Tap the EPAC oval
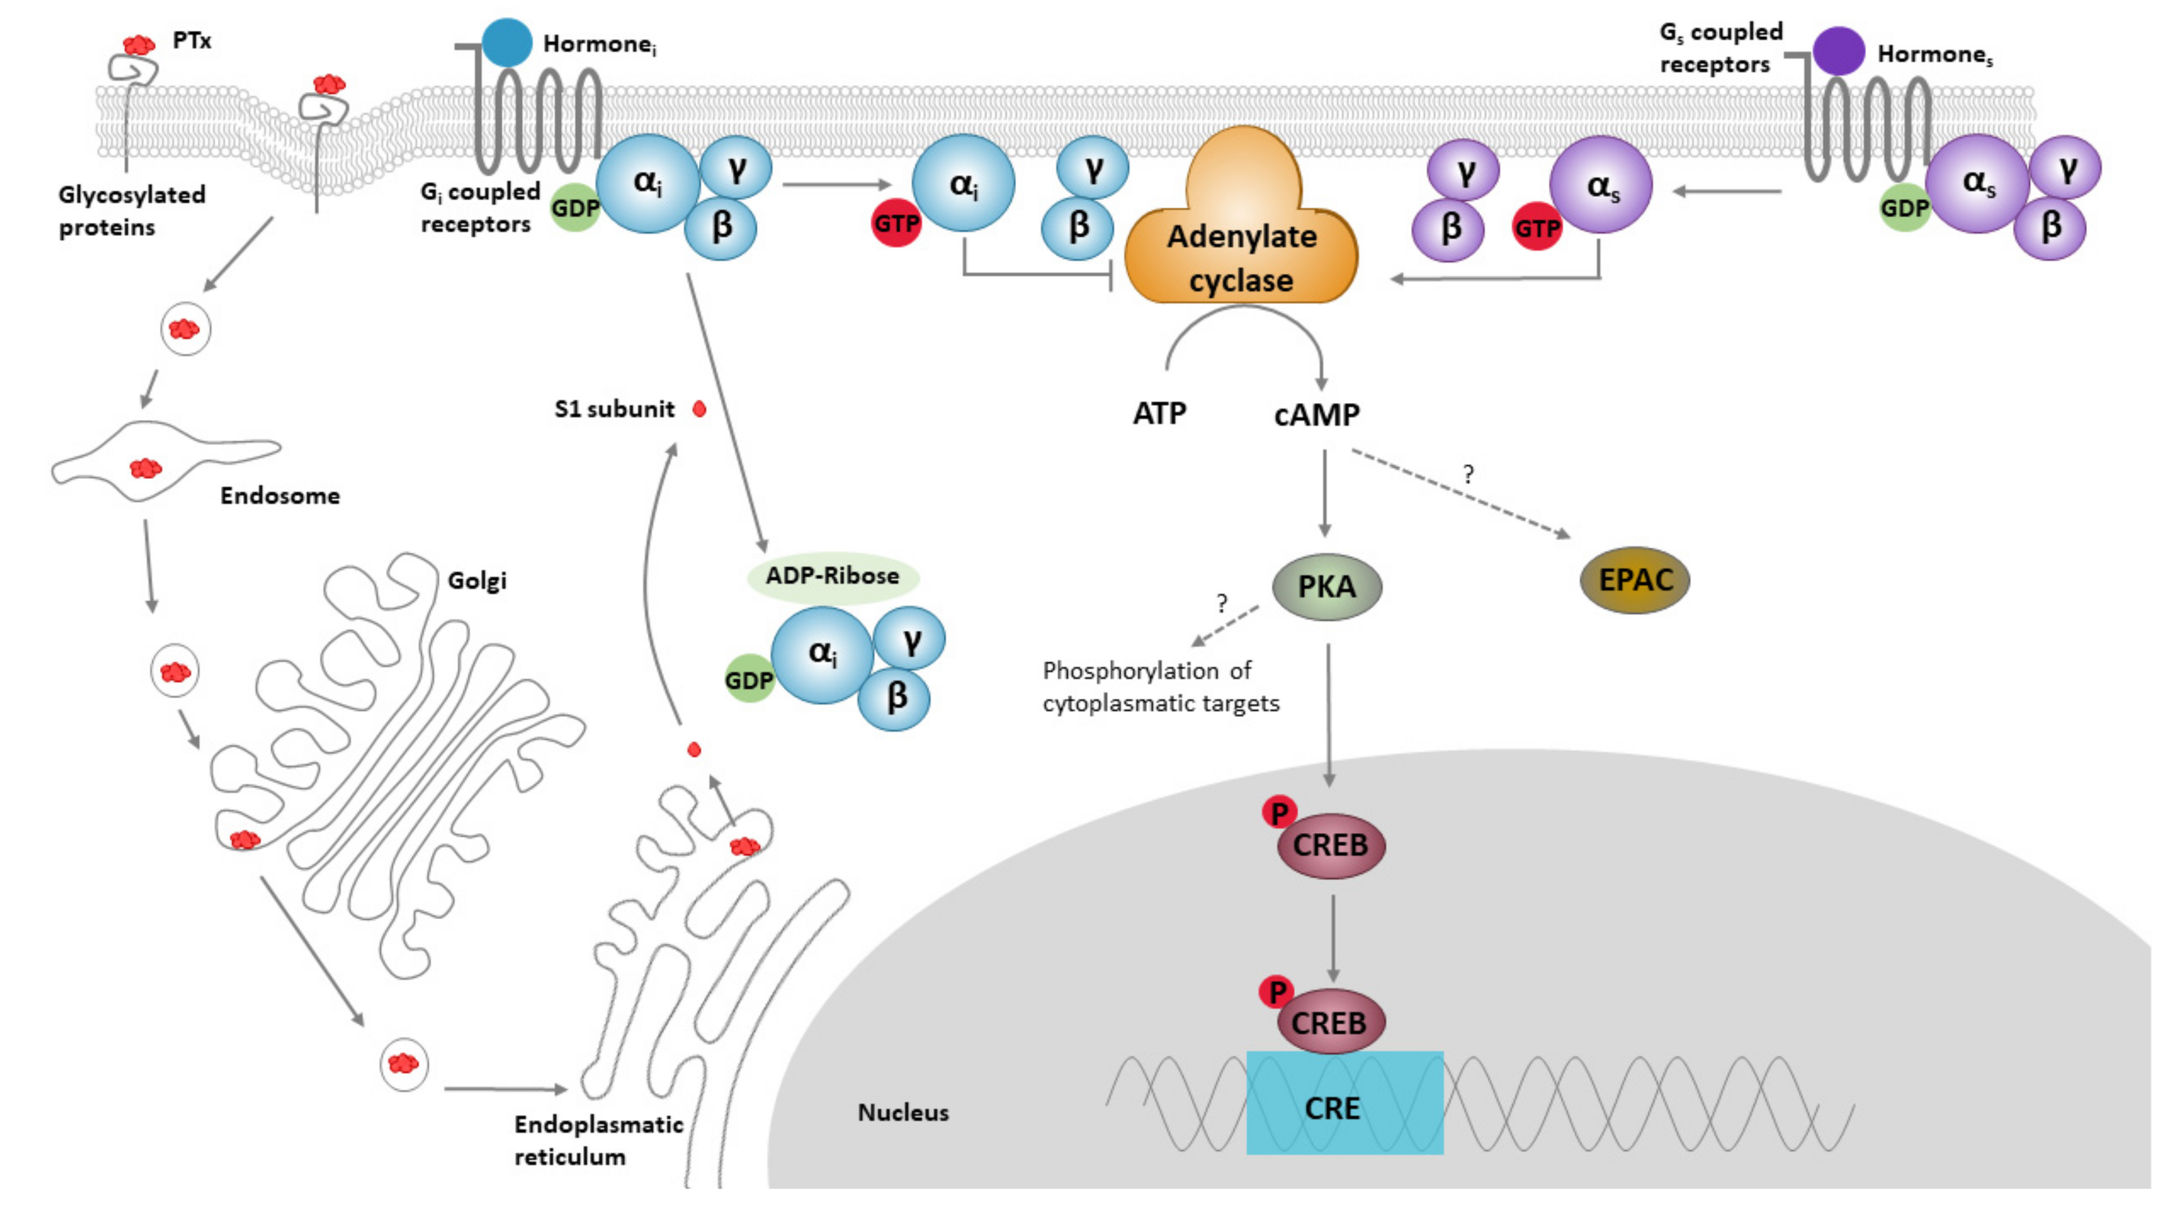click(1635, 580)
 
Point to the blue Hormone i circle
click(507, 42)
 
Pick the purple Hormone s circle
click(1839, 50)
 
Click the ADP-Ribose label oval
click(833, 576)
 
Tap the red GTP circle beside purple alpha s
click(1537, 227)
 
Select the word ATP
click(1160, 413)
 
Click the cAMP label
click(1317, 414)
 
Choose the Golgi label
click(476, 580)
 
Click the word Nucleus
click(902, 1113)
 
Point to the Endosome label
click(280, 495)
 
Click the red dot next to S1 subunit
click(699, 409)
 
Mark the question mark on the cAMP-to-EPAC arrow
click(1468, 474)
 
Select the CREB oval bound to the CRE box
click(1329, 1023)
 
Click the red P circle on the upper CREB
click(1279, 813)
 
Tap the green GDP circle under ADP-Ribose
click(749, 679)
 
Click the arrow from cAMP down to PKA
click(1324, 494)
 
